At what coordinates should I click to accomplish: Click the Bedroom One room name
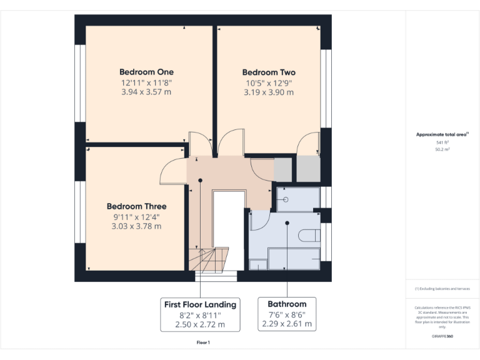(x=147, y=72)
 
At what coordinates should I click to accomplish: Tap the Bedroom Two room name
(x=269, y=72)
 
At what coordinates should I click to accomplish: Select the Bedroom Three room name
(x=136, y=206)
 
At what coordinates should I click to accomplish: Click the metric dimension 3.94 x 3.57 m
(x=146, y=92)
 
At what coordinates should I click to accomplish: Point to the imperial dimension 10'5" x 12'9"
(x=269, y=82)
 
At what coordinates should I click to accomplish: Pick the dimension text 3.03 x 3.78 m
(x=136, y=226)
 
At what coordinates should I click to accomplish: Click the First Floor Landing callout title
(x=200, y=304)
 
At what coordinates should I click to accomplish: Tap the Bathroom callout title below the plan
(x=287, y=304)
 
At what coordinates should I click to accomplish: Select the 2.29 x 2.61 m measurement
(x=287, y=324)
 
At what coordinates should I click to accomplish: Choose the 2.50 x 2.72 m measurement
(x=200, y=324)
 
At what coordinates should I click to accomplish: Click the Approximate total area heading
(x=442, y=134)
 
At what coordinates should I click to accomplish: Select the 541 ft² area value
(x=442, y=143)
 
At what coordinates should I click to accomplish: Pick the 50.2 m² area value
(x=442, y=150)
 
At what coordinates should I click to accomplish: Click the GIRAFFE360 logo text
(x=442, y=336)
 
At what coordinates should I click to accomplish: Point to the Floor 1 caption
(x=203, y=342)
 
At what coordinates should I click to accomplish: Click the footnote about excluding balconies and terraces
(x=442, y=289)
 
